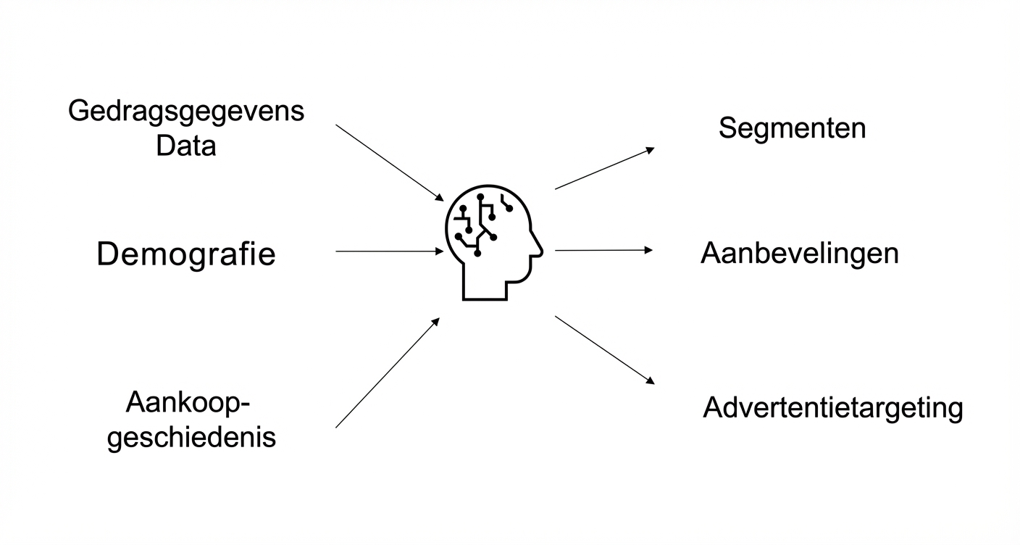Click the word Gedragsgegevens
coord(186,112)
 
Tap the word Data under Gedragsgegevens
coord(186,146)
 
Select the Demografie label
coord(186,254)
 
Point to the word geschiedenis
coord(191,438)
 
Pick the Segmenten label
coord(792,128)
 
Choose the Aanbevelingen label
coord(799,254)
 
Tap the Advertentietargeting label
coord(832,408)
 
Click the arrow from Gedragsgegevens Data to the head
coord(389,162)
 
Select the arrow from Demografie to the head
coord(389,251)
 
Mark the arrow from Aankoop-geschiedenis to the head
coord(388,373)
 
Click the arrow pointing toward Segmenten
coord(604,168)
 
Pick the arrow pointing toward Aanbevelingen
coord(603,250)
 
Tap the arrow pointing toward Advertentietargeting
coord(604,349)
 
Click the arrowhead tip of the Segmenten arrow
coord(653,148)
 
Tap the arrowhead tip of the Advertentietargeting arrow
coord(653,383)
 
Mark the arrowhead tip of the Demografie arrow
coord(443,251)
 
